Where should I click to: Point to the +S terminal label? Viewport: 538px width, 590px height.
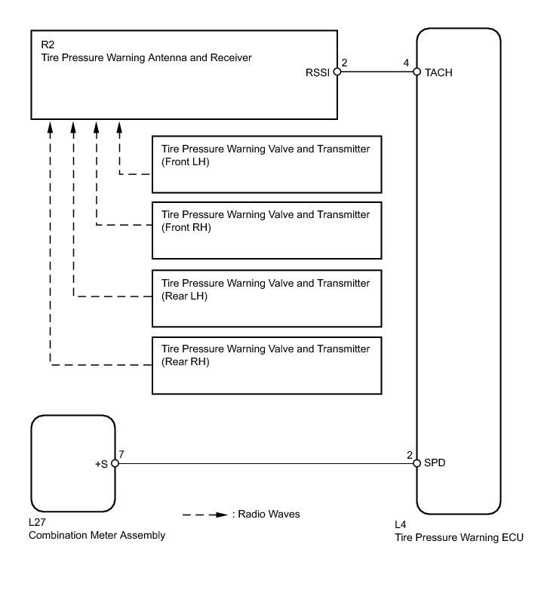(x=100, y=464)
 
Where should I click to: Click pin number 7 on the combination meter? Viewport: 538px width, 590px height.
(x=121, y=455)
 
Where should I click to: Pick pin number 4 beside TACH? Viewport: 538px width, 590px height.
(x=407, y=63)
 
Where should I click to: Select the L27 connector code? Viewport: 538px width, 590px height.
(x=38, y=523)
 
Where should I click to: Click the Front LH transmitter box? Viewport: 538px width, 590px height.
(x=267, y=164)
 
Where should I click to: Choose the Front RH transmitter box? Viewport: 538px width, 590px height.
(x=267, y=230)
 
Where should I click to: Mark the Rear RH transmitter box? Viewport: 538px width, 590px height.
(x=267, y=365)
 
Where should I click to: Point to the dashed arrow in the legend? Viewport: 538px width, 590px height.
(x=204, y=515)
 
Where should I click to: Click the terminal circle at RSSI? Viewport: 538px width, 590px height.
(x=337, y=74)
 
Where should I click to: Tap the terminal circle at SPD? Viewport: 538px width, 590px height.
(x=417, y=463)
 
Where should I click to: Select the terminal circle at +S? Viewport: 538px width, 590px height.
(x=115, y=463)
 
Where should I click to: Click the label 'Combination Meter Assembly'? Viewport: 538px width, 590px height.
(x=97, y=536)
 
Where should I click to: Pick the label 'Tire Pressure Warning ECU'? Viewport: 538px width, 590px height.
(x=459, y=537)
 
